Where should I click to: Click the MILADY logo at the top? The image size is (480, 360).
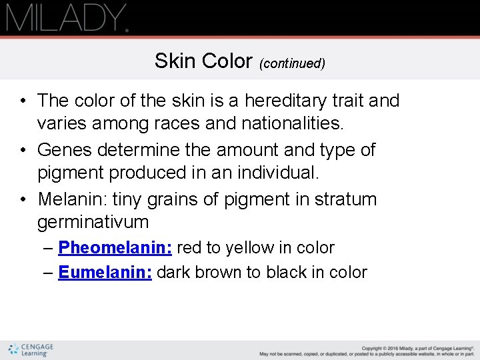tap(67, 18)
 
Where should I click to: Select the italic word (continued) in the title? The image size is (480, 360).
tap(292, 63)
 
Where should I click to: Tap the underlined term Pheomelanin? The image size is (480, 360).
tap(115, 248)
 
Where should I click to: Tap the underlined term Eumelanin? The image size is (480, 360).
tap(105, 273)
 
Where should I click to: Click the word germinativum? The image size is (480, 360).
tap(92, 222)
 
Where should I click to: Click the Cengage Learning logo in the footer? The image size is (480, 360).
tap(31, 349)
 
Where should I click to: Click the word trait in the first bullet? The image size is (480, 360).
tap(349, 101)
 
